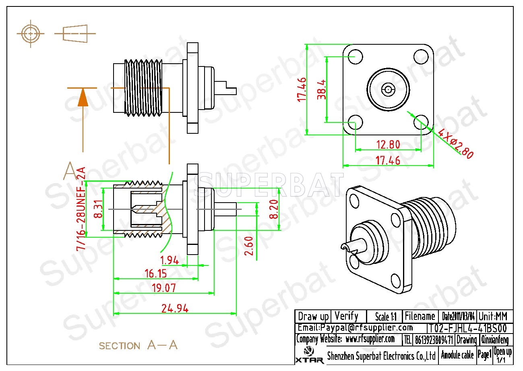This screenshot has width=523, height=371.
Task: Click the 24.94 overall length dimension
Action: (175, 309)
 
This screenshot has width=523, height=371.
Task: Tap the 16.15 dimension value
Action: (156, 274)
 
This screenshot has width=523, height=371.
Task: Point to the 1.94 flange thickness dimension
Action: (170, 260)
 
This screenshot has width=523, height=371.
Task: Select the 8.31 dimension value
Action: (97, 210)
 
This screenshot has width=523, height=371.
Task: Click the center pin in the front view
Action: (388, 89)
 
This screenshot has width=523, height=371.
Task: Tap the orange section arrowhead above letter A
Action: (83, 97)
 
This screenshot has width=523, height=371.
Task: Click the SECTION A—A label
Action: (138, 345)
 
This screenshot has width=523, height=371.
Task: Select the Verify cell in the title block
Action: (346, 316)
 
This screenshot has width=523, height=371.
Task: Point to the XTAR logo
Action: (310, 355)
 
